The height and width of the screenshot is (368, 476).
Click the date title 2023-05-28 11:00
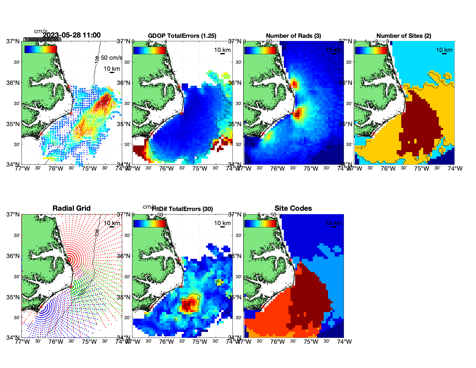pyautogui.click(x=72, y=35)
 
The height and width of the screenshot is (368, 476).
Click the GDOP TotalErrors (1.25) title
pyautogui.click(x=182, y=36)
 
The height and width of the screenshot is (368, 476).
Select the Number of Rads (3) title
pyautogui.click(x=293, y=36)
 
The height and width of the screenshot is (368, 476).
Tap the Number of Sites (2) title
pyautogui.click(x=404, y=36)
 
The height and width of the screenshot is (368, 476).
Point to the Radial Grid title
pyautogui.click(x=72, y=208)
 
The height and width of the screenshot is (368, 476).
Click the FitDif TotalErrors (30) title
pyautogui.click(x=182, y=209)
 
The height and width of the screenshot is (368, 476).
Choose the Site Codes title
pyautogui.click(x=293, y=208)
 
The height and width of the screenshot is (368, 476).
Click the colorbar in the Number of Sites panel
pyautogui.click(x=371, y=50)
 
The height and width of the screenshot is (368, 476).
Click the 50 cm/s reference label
pyautogui.click(x=111, y=58)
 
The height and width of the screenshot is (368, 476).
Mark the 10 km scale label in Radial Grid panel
pyautogui.click(x=112, y=223)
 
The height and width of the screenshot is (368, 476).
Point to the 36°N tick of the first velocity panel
pyautogui.click(x=13, y=83)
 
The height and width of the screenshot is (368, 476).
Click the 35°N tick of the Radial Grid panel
pyautogui.click(x=13, y=297)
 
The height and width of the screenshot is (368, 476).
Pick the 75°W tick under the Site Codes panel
pyautogui.click(x=311, y=342)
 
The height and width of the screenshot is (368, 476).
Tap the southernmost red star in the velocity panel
pyautogui.click(x=41, y=134)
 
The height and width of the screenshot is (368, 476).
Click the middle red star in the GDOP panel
pyautogui.click(x=181, y=113)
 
